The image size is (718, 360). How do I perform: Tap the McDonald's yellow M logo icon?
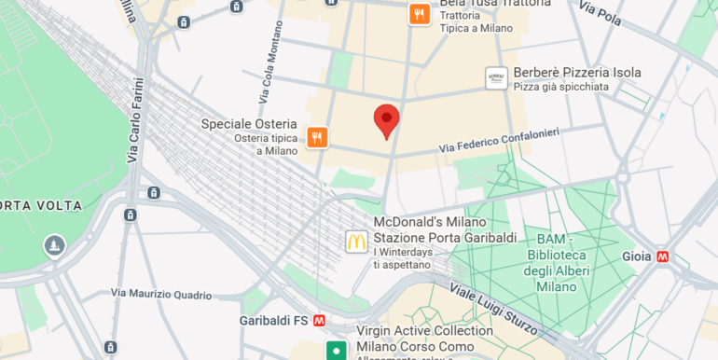click(356, 242)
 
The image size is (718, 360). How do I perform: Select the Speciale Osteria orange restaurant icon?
click(317, 138)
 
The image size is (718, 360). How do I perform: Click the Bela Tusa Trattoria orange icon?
click(420, 14)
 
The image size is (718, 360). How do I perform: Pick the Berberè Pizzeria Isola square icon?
click(496, 78)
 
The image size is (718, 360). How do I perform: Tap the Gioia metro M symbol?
click(663, 256)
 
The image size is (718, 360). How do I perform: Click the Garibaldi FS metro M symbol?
click(320, 320)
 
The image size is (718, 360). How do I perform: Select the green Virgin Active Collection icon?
click(334, 351)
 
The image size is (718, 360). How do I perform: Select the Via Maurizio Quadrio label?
click(161, 294)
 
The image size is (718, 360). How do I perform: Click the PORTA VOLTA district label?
click(41, 205)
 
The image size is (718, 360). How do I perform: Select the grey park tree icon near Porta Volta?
click(54, 245)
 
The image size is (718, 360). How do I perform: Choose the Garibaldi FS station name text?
click(274, 320)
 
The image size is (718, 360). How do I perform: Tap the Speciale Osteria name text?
click(249, 124)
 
